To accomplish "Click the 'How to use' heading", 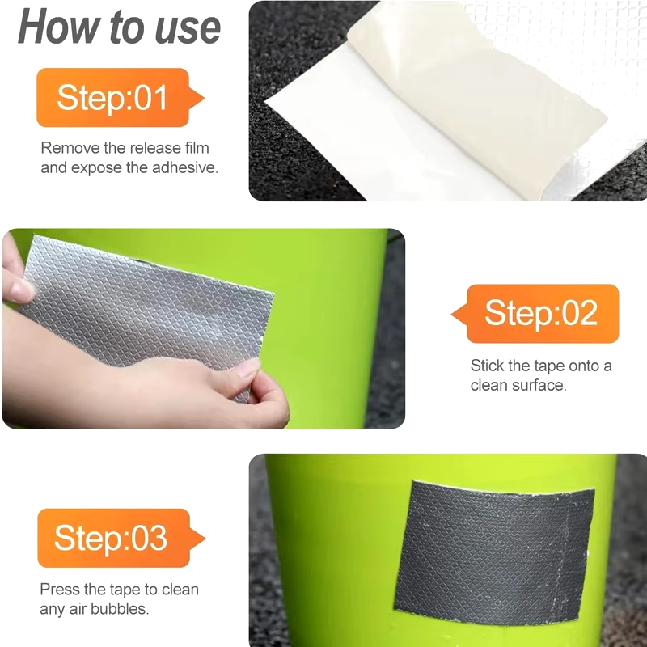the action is (x=119, y=27).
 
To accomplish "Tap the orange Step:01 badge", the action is (x=120, y=97).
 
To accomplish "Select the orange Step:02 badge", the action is (x=535, y=314).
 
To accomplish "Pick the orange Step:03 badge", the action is (x=121, y=538).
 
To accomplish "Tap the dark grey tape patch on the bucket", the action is (x=493, y=551).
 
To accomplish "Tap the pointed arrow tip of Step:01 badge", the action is (x=205, y=98).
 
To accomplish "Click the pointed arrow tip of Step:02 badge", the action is (x=452, y=314).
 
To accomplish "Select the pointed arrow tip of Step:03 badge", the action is (x=205, y=539).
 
